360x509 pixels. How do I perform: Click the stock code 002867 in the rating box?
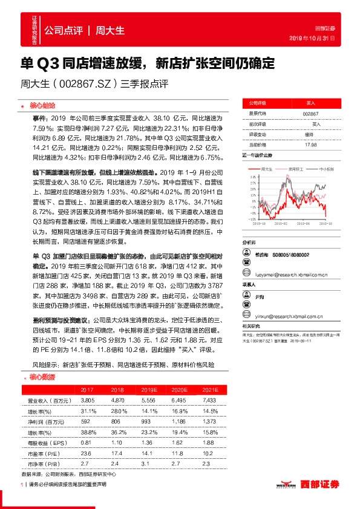(x=310, y=113)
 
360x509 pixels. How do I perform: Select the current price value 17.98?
(x=310, y=145)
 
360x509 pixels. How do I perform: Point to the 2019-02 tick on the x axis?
(x=277, y=223)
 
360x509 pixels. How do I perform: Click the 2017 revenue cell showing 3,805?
(x=87, y=401)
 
